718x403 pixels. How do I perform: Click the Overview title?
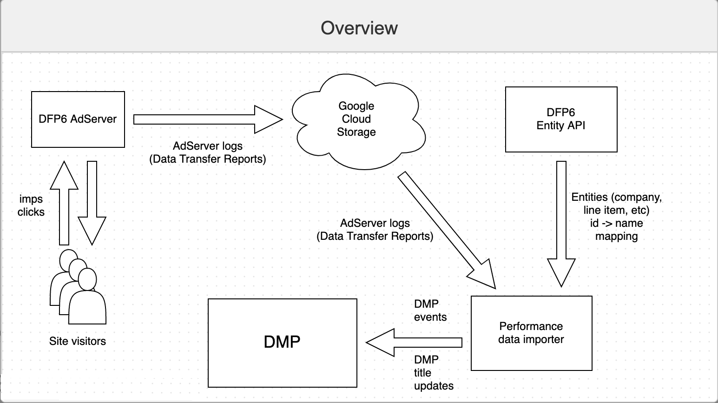click(359, 28)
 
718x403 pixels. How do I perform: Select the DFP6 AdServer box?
click(78, 119)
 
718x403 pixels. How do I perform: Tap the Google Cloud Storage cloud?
click(358, 121)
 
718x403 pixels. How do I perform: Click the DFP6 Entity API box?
click(561, 119)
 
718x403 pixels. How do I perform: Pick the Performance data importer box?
click(532, 333)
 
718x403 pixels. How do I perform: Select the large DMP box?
click(283, 343)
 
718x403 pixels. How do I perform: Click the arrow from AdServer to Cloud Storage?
click(208, 119)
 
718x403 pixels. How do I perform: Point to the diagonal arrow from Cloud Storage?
click(447, 230)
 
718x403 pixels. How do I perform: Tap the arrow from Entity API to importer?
click(561, 224)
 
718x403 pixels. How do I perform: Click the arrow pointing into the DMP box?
click(414, 343)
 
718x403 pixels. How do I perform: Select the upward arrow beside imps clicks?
click(64, 203)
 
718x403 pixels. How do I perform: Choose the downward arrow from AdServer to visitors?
click(92, 203)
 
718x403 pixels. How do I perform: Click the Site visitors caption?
click(78, 341)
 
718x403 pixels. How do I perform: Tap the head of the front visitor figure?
click(87, 279)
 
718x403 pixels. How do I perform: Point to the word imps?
click(31, 199)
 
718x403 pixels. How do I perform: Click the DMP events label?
click(430, 311)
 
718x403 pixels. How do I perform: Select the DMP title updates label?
click(434, 372)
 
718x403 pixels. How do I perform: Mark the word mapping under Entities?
click(616, 237)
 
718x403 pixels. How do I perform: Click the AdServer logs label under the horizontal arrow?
click(208, 152)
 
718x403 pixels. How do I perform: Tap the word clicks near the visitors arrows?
click(31, 212)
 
